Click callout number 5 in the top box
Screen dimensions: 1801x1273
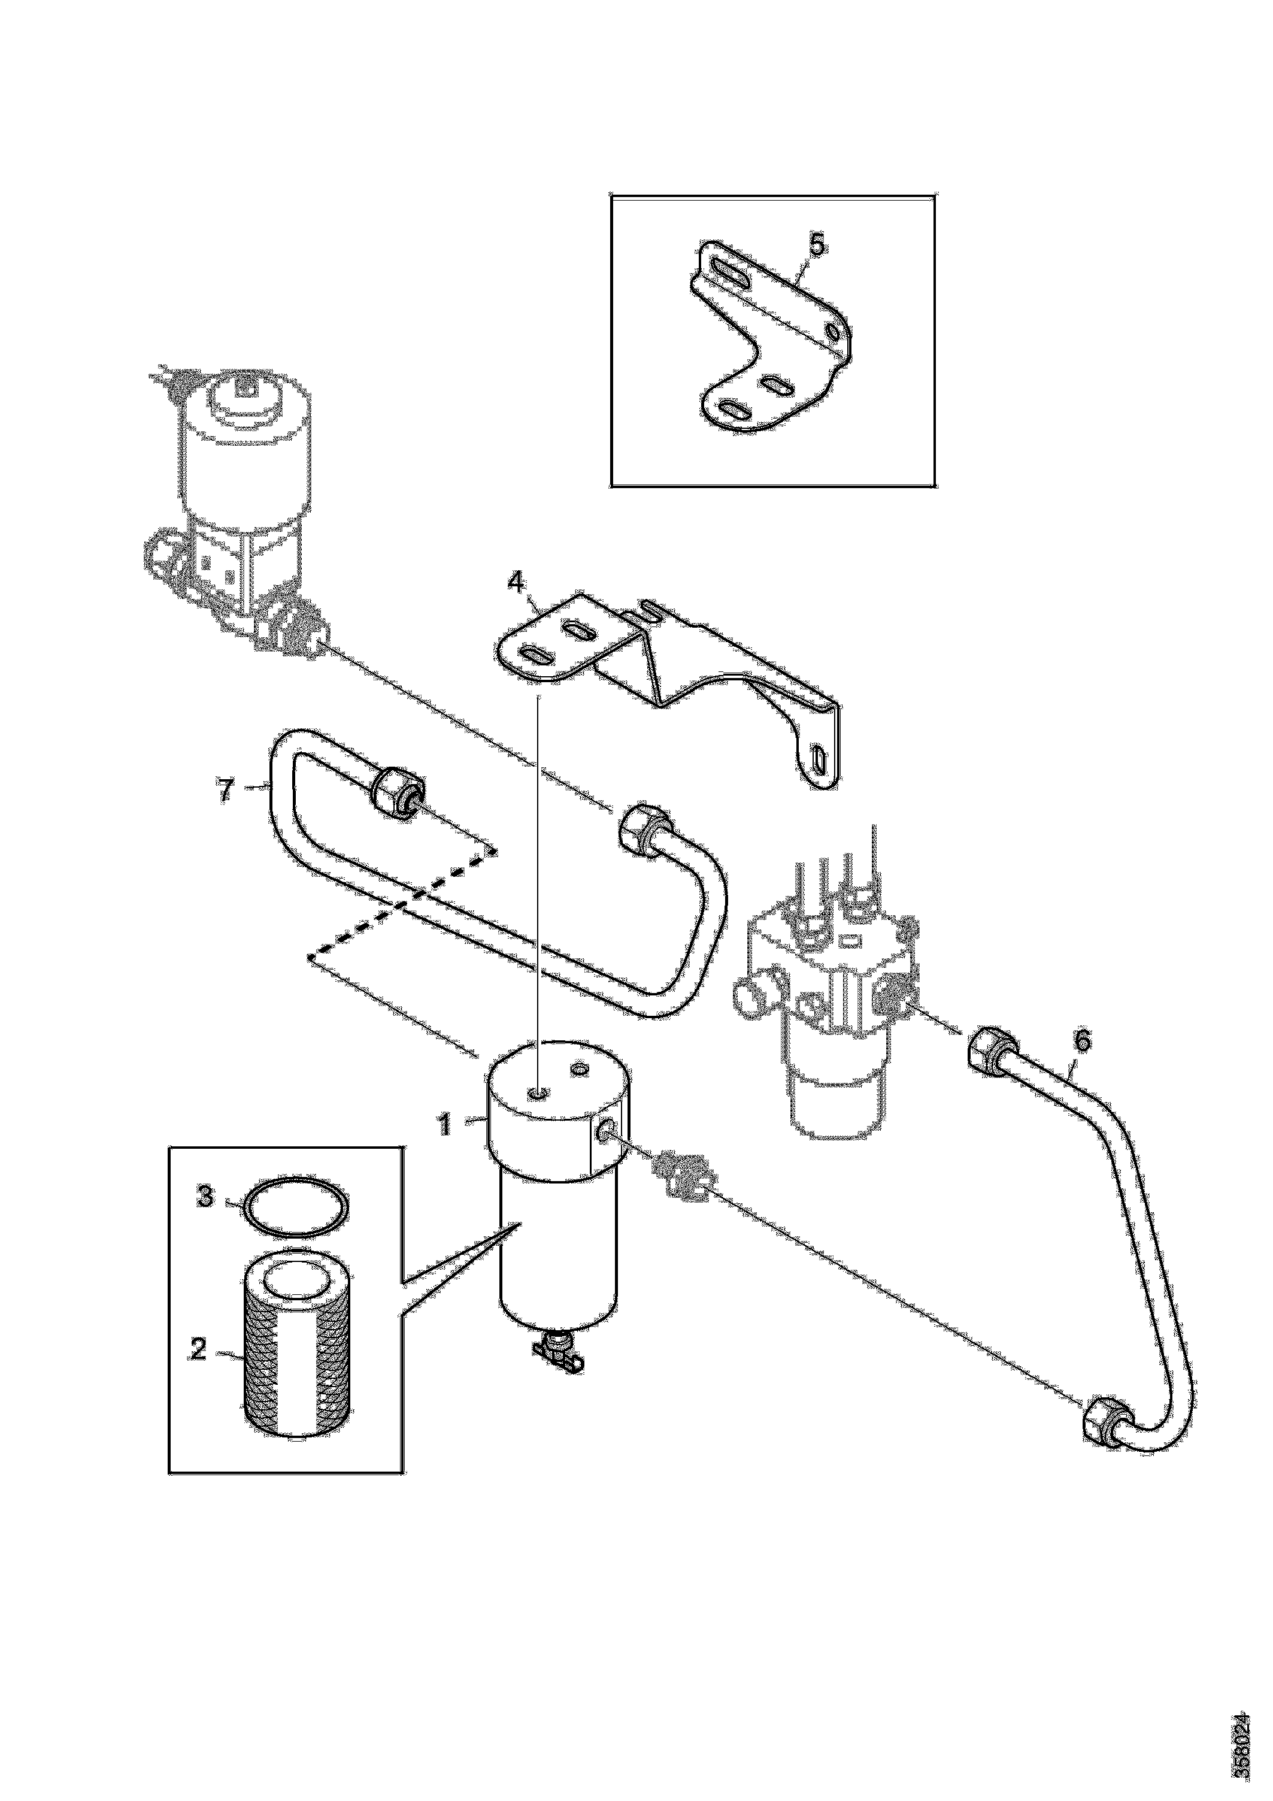pyautogui.click(x=817, y=245)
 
